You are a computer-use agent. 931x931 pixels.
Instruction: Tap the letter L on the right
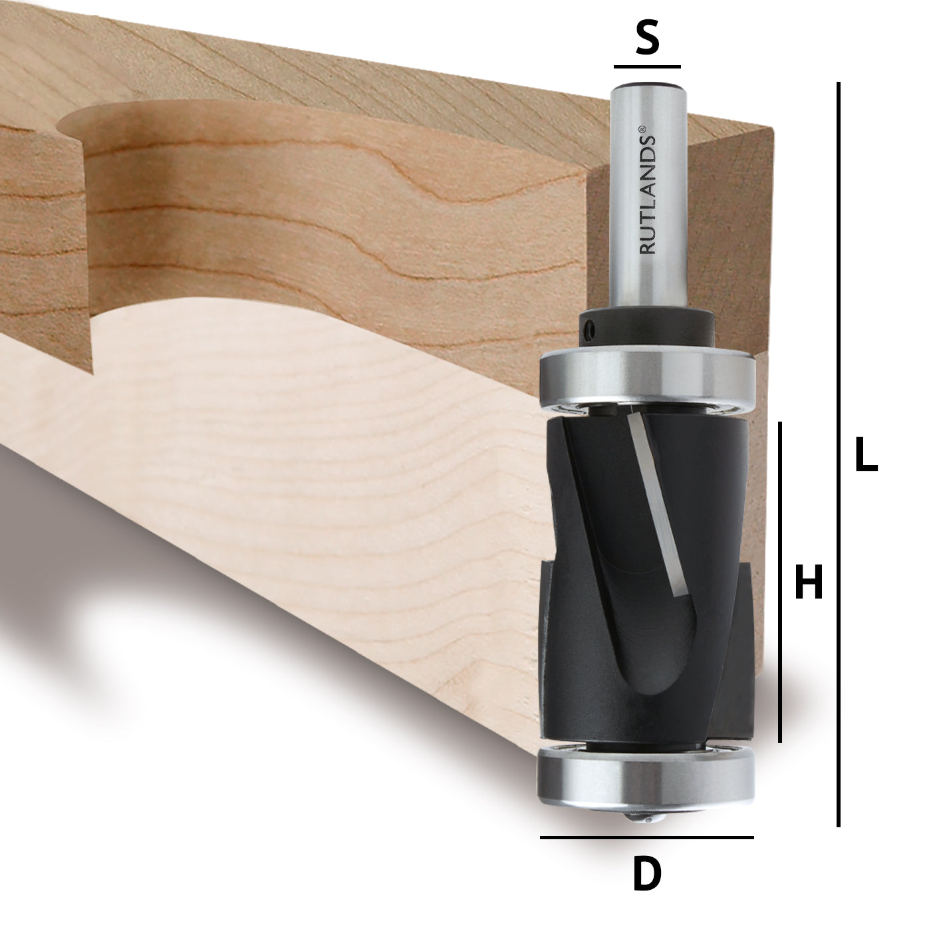coord(865,456)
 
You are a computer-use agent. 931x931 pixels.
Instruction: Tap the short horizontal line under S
coord(647,67)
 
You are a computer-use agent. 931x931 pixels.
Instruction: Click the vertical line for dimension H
coord(780,581)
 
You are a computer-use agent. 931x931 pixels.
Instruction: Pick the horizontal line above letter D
coord(646,837)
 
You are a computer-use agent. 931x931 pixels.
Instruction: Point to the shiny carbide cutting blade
coord(658,505)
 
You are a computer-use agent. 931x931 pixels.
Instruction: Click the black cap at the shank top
coord(647,84)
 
